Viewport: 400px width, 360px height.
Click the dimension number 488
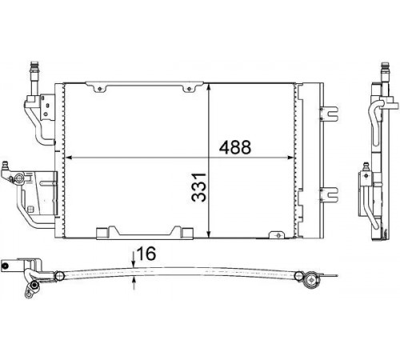pyautogui.click(x=235, y=147)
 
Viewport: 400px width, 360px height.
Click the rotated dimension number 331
pyautogui.click(x=199, y=187)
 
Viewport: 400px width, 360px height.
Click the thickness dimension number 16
pyautogui.click(x=146, y=254)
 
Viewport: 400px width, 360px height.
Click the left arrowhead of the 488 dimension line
pyautogui.click(x=69, y=158)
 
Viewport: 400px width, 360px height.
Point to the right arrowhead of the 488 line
pyautogui.click(x=290, y=158)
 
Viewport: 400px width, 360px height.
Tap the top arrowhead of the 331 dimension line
pyautogui.click(x=210, y=87)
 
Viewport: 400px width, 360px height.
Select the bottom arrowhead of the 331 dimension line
pyautogui.click(x=210, y=234)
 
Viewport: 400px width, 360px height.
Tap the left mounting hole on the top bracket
pyautogui.click(x=99, y=89)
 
